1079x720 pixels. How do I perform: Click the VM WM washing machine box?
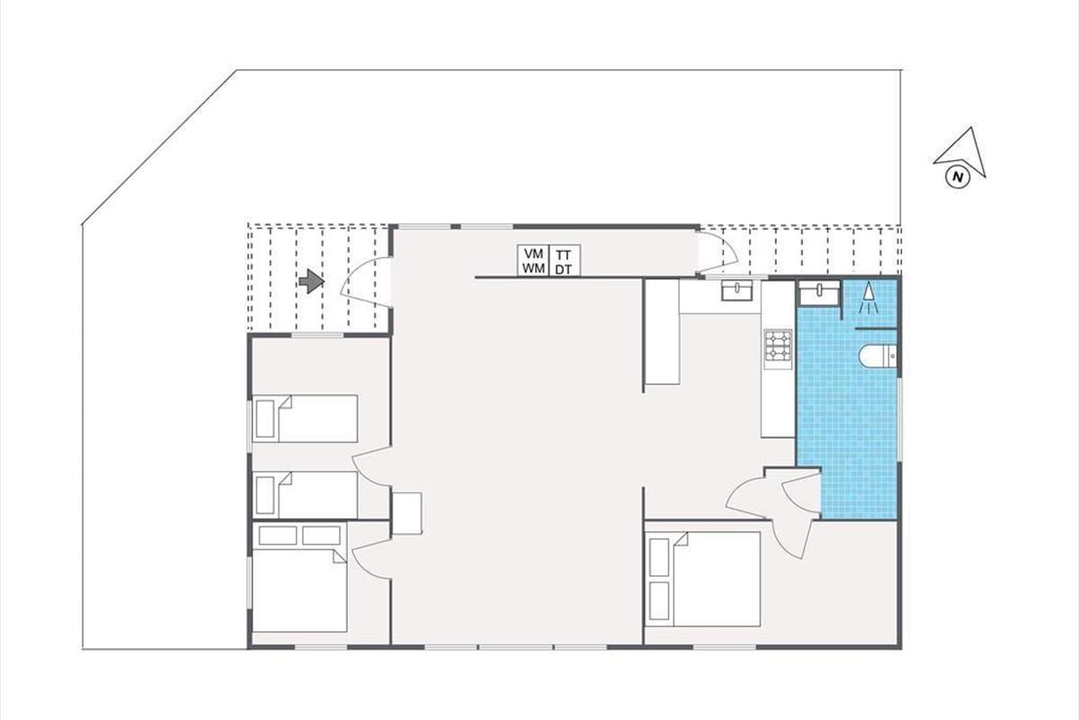[533, 261]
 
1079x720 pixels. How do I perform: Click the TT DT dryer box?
[565, 261]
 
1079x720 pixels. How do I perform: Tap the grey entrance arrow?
[311, 281]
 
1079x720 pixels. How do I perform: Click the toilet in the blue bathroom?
[878, 356]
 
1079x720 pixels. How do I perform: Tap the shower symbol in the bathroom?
[869, 298]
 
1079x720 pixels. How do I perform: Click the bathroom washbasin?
[819, 292]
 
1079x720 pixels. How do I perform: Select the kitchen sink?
[737, 292]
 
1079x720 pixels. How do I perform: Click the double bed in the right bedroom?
[702, 580]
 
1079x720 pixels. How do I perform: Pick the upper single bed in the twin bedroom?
[305, 418]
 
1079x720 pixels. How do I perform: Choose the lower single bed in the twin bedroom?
[305, 495]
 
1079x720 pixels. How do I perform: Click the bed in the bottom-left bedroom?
[299, 590]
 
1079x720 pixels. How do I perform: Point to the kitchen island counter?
[663, 332]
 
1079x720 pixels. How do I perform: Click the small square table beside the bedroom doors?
[407, 513]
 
